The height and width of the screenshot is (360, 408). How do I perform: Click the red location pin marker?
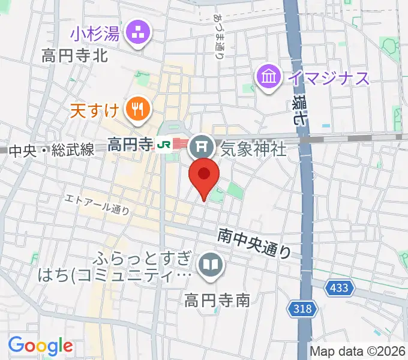pos(204,177)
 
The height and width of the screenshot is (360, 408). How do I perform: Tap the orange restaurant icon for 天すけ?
pos(137,109)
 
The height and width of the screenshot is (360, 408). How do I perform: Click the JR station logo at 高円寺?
pos(162,145)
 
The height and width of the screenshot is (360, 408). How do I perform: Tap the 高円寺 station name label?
pos(130,144)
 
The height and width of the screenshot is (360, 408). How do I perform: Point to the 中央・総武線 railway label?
pos(52,150)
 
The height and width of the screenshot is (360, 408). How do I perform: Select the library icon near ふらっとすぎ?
pos(210,265)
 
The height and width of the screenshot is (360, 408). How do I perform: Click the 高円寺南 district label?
pos(217,299)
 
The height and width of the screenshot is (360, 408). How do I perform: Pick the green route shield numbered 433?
pos(338,289)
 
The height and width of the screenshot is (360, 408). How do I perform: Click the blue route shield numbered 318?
pos(304,309)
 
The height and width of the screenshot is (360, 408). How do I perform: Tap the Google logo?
pos(40,346)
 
